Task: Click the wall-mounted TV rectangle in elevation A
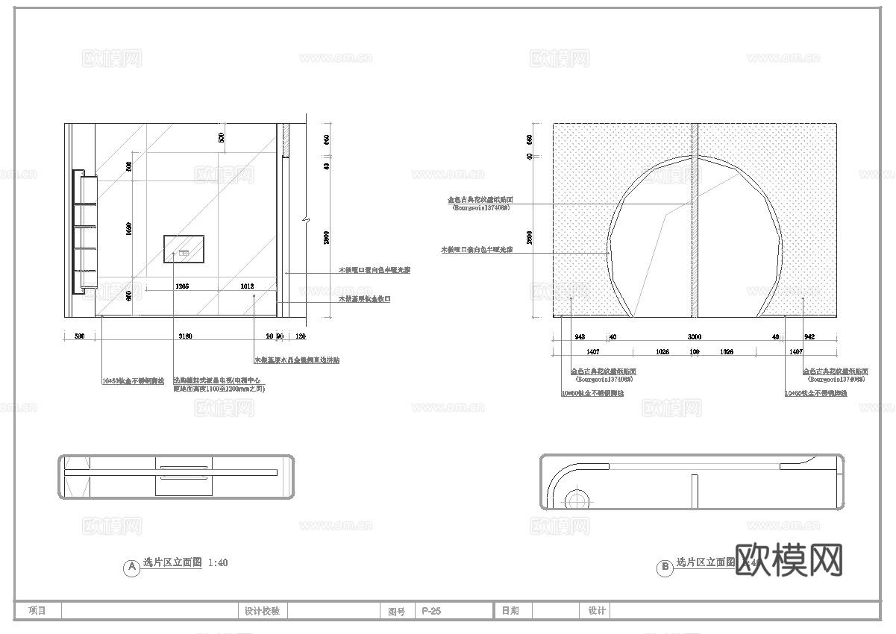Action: pyautogui.click(x=184, y=248)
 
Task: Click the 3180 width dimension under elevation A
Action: pyautogui.click(x=185, y=336)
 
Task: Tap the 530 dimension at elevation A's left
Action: pyautogui.click(x=79, y=336)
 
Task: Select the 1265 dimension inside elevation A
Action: pyautogui.click(x=182, y=286)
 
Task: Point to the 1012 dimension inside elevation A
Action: pyautogui.click(x=247, y=286)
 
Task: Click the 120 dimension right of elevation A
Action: pyautogui.click(x=301, y=336)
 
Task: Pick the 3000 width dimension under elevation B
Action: pyautogui.click(x=694, y=336)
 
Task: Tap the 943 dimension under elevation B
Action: pyautogui.click(x=579, y=336)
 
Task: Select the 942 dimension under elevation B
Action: pyautogui.click(x=809, y=336)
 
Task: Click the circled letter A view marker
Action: pyautogui.click(x=131, y=568)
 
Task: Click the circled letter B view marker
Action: pyautogui.click(x=664, y=568)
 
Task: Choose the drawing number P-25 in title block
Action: pyautogui.click(x=431, y=611)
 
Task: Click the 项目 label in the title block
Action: pyautogui.click(x=37, y=611)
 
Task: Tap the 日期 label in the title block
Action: pyautogui.click(x=510, y=611)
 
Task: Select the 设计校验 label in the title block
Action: pyautogui.click(x=262, y=611)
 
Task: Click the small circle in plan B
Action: pyautogui.click(x=576, y=498)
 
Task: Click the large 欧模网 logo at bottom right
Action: pyautogui.click(x=789, y=559)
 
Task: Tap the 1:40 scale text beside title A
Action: pyautogui.click(x=219, y=563)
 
